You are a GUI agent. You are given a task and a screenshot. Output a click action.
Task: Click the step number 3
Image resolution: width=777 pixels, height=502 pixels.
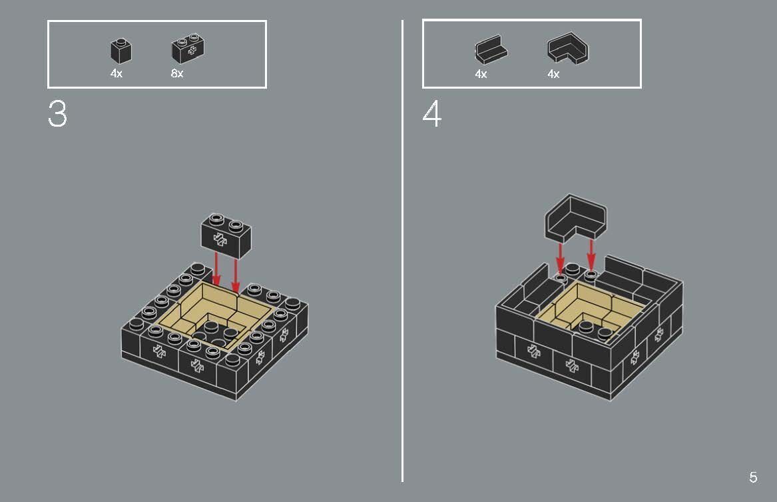click(x=57, y=115)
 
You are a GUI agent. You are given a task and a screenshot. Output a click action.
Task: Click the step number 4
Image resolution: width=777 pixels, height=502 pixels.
click(x=431, y=115)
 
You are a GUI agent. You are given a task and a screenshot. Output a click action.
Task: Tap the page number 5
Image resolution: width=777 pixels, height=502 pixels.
click(x=753, y=477)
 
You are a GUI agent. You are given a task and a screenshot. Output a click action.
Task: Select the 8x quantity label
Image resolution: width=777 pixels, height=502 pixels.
click(x=177, y=74)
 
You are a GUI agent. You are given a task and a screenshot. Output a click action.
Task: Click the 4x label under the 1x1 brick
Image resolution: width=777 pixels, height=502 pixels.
click(x=117, y=74)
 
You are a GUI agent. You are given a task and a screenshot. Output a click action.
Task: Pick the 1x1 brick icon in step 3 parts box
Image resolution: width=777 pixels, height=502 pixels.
click(x=121, y=51)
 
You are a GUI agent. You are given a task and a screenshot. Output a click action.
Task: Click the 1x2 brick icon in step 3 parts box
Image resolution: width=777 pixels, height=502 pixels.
click(x=188, y=49)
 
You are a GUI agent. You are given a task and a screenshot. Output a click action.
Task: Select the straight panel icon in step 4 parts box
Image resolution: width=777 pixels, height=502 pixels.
click(x=491, y=51)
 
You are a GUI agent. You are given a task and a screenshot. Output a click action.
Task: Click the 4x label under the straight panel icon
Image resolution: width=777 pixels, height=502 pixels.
click(x=481, y=75)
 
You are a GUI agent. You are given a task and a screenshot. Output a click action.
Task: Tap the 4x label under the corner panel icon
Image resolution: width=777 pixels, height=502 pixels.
click(x=553, y=75)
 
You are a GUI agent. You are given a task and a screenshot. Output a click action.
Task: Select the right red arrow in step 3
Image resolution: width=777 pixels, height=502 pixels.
click(x=236, y=275)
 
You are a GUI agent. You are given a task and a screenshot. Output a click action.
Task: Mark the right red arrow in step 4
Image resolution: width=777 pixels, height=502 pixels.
click(x=591, y=255)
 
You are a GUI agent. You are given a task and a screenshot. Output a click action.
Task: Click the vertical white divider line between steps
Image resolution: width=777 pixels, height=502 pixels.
click(x=402, y=267)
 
